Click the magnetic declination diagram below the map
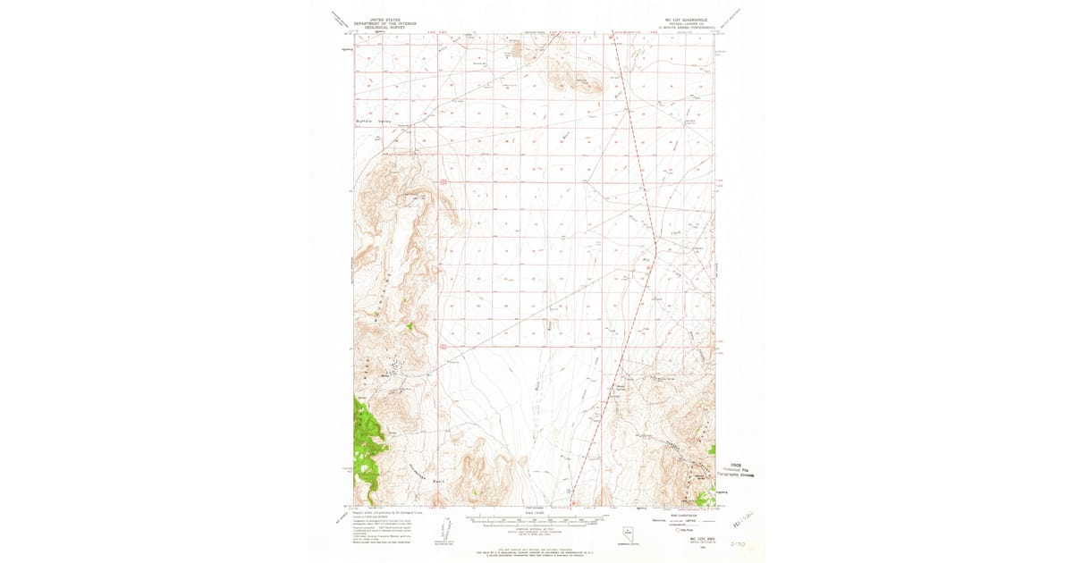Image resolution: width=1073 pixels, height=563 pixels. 447,527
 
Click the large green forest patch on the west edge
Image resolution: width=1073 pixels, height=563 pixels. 365,438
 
